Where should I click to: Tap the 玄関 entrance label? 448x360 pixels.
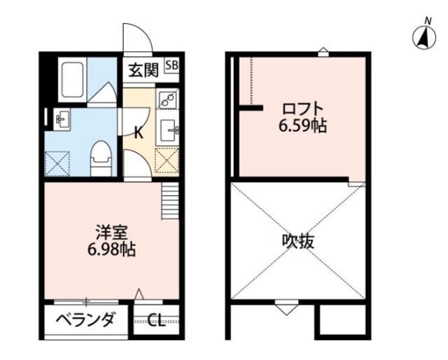[142, 69]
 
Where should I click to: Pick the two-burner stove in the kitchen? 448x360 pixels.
[168, 99]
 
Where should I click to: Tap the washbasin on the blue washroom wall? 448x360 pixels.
[59, 119]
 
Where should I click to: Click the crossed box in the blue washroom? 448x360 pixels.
[59, 164]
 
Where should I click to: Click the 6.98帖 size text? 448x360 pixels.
[111, 249]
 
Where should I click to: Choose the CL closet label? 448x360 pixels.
[156, 321]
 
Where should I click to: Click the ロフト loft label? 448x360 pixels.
[302, 109]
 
